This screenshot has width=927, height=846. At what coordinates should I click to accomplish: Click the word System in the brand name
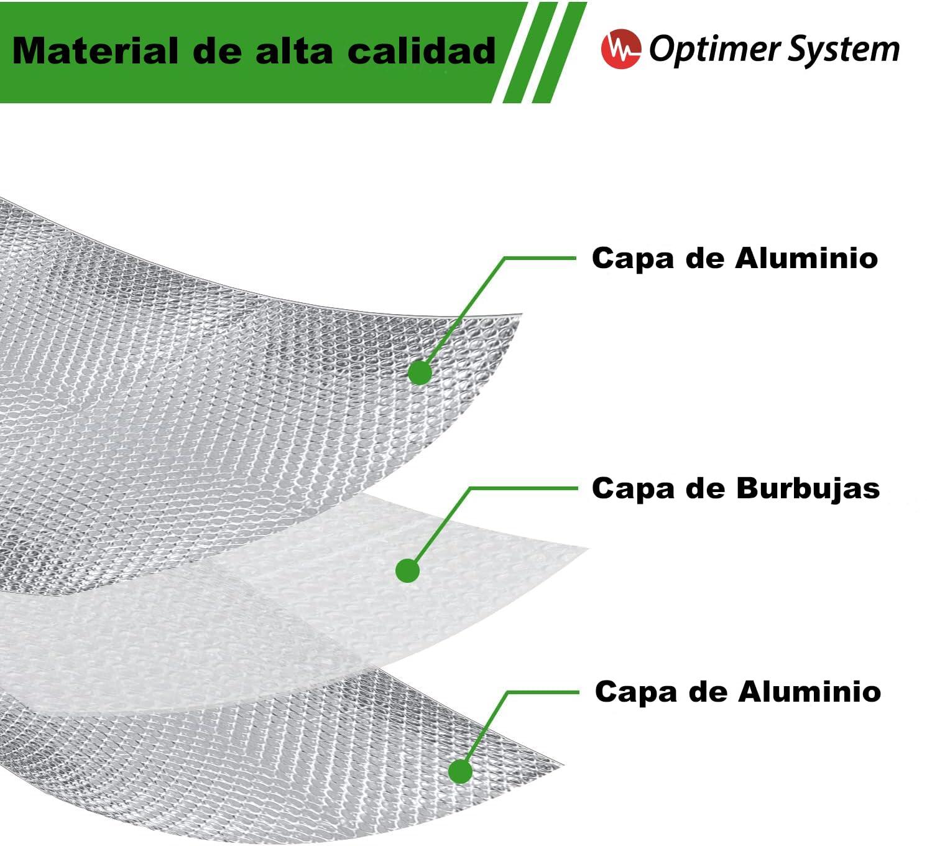(843, 50)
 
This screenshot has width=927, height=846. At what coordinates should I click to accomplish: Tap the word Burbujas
(808, 489)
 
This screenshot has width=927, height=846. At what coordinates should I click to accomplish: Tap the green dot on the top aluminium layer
(420, 373)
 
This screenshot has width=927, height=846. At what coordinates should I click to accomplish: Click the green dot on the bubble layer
(407, 570)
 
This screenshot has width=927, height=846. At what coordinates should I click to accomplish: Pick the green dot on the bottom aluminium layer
(460, 771)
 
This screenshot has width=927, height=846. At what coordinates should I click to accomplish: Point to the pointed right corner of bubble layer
(586, 548)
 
